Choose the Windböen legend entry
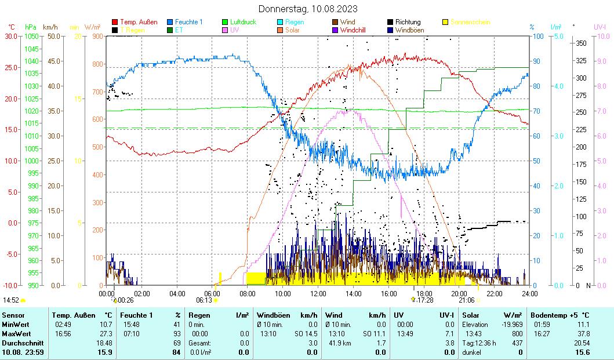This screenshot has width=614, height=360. point(408,30)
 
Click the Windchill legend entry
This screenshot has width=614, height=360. point(353,30)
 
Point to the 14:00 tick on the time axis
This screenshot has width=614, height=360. point(353,293)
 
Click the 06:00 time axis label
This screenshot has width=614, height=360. point(212,293)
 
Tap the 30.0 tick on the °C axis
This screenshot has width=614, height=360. point(11,36)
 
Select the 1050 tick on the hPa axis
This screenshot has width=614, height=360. point(31,36)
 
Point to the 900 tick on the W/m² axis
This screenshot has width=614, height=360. point(96,36)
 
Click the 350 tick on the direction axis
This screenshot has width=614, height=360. point(582,43)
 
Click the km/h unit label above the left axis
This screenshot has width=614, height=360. point(50,27)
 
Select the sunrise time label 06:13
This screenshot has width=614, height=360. point(204,300)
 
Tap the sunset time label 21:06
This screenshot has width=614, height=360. point(467,300)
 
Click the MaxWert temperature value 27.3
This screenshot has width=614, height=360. point(106,334)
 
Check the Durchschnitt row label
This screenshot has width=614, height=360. point(21,343)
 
